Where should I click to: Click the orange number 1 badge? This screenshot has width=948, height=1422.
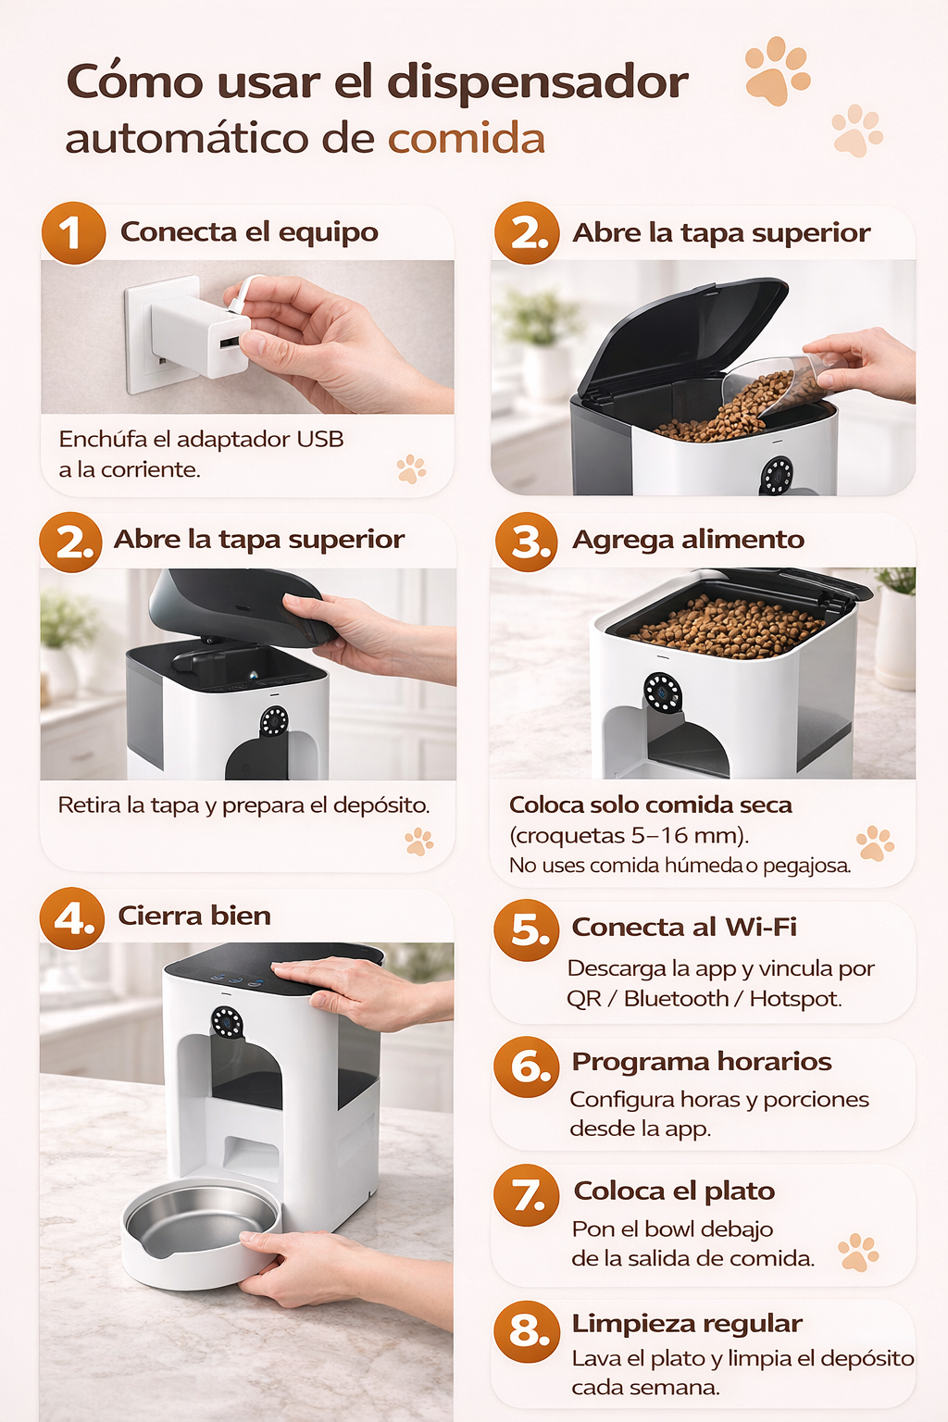click(x=73, y=233)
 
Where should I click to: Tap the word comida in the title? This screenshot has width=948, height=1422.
click(x=466, y=138)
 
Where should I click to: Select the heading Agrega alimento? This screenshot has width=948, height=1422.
click(x=688, y=540)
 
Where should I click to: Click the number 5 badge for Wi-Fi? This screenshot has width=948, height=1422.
click(x=527, y=929)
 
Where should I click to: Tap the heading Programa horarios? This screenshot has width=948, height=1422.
click(x=701, y=1062)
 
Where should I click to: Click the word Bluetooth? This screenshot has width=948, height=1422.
click(x=676, y=999)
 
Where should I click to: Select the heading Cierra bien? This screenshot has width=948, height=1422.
click(x=194, y=916)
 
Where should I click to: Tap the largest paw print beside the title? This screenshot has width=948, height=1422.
click(x=778, y=70)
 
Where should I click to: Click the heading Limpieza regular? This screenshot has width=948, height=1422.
click(x=687, y=1324)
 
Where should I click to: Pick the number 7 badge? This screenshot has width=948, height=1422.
click(x=527, y=1195)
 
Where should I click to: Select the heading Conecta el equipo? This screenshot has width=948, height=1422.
click(x=249, y=231)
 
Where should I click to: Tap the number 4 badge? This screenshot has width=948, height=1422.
click(x=72, y=918)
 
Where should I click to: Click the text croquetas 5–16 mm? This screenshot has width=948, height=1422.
click(x=629, y=835)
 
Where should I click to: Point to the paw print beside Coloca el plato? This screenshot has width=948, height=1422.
click(x=858, y=1252)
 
